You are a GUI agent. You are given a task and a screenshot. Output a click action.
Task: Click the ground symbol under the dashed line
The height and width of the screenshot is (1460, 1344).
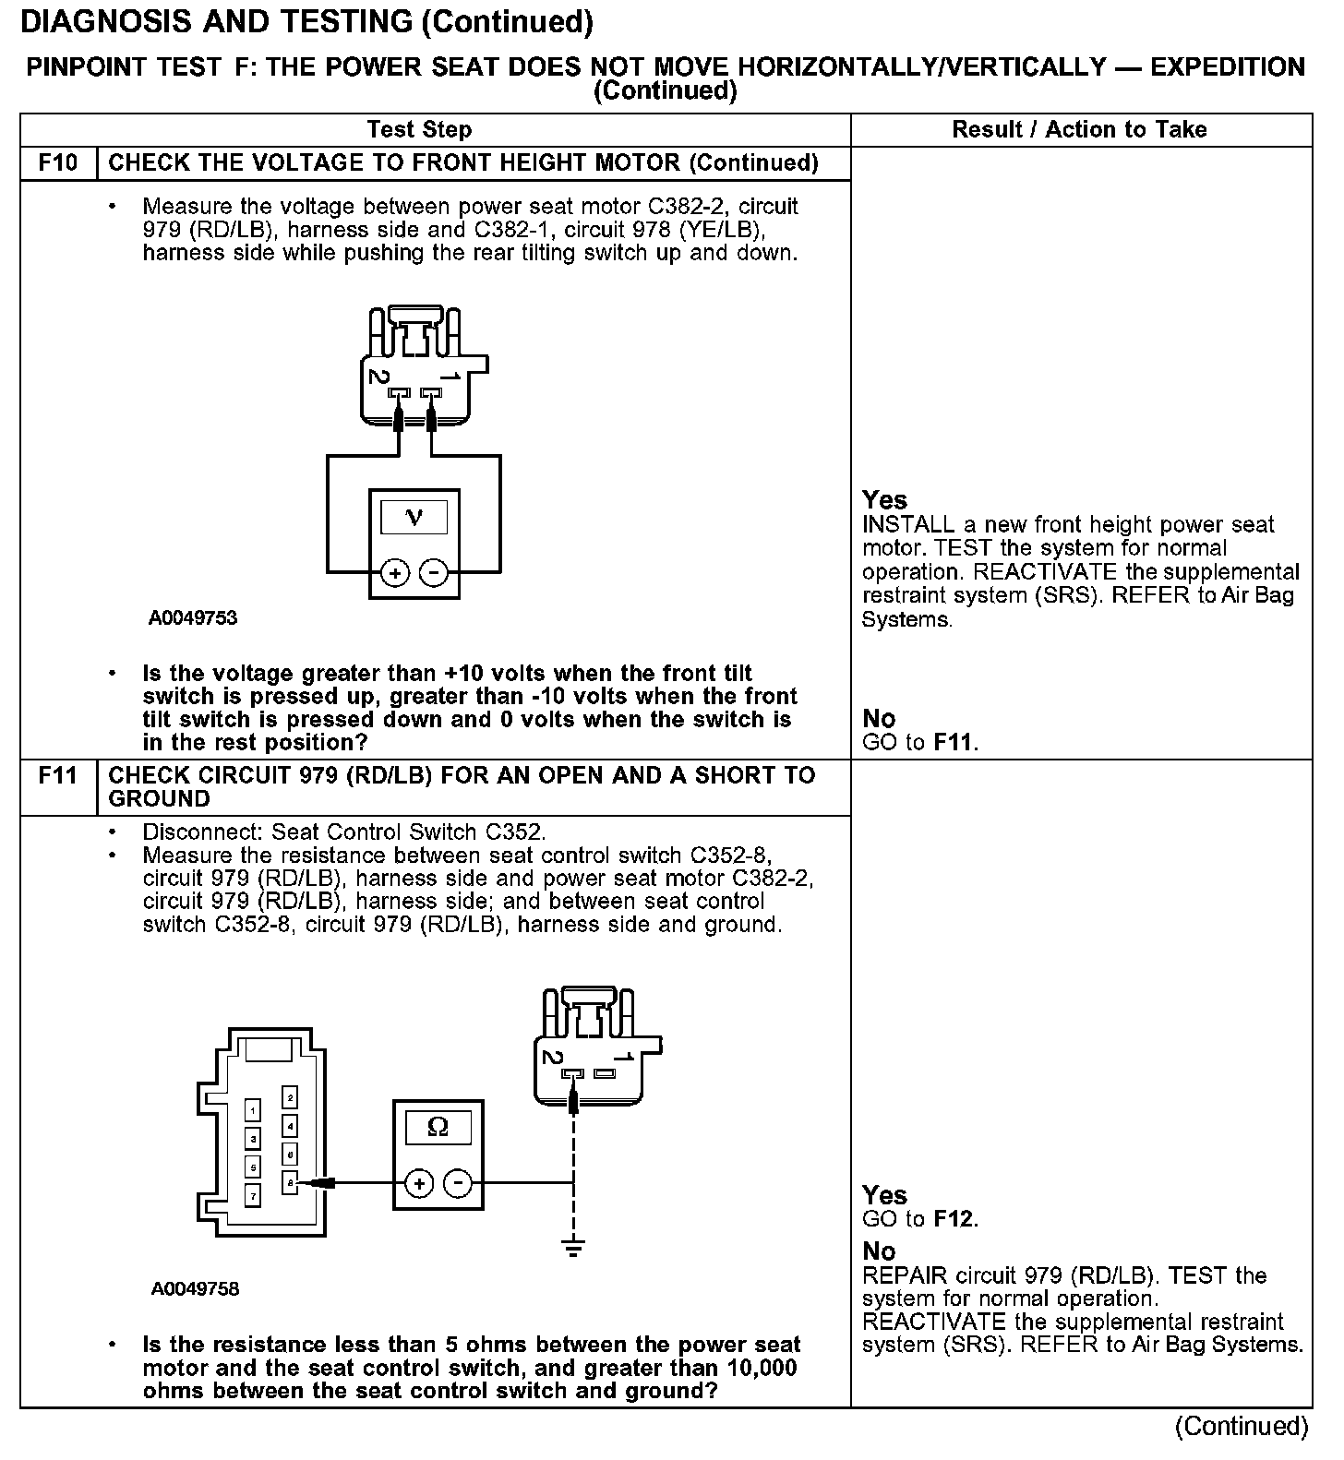(x=573, y=1250)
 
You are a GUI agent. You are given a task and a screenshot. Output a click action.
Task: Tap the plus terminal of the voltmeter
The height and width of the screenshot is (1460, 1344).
(x=394, y=573)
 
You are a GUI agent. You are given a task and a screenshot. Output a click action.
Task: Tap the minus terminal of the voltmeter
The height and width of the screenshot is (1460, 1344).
(x=433, y=573)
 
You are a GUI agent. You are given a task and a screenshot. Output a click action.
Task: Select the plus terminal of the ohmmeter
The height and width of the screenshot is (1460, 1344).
(x=419, y=1183)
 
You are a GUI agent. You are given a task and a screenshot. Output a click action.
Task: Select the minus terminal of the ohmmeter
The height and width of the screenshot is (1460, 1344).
(x=458, y=1183)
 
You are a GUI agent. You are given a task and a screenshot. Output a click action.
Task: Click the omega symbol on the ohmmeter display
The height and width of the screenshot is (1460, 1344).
(x=438, y=1127)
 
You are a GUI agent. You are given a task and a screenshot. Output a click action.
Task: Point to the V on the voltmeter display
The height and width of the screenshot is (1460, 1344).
(x=414, y=517)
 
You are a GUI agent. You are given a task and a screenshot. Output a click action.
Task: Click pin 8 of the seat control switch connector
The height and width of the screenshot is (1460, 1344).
(x=290, y=1181)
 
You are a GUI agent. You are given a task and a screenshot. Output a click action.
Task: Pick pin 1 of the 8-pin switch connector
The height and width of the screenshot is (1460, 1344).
(x=252, y=1110)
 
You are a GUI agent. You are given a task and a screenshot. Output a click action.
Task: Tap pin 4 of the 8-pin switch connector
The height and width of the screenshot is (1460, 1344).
(x=290, y=1126)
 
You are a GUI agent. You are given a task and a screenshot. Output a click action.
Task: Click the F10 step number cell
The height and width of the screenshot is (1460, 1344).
(x=58, y=163)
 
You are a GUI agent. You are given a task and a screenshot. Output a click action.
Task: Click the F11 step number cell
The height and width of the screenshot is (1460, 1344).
(x=58, y=775)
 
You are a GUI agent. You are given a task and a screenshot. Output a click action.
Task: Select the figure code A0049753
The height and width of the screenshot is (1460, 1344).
(x=193, y=618)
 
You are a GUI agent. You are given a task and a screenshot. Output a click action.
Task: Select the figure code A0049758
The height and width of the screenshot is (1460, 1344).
(x=195, y=1288)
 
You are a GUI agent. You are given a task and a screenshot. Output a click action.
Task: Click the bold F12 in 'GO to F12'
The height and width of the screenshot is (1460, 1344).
(x=954, y=1219)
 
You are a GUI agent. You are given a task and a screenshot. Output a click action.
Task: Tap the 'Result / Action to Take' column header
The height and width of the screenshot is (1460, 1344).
(x=1079, y=130)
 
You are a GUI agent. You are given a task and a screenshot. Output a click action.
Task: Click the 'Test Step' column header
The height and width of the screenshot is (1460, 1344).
(x=419, y=130)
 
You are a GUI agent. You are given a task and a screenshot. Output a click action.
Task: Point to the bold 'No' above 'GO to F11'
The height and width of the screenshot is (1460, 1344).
(x=879, y=718)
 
